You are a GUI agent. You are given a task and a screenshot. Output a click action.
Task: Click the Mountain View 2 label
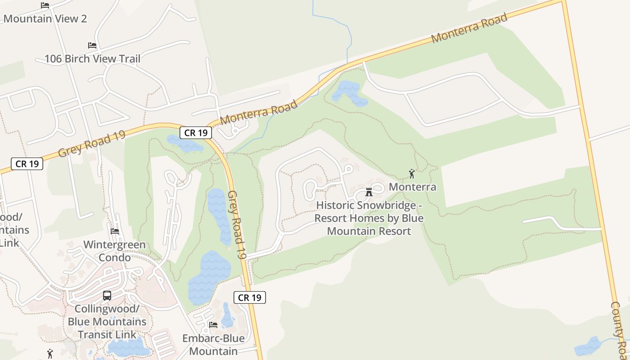45,19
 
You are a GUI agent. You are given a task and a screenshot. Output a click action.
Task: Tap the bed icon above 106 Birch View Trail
92,45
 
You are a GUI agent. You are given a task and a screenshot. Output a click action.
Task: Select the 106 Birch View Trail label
92,58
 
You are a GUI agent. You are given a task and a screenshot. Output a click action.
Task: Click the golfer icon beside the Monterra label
411,174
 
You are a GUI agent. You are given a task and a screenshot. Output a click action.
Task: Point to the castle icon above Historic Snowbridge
369,192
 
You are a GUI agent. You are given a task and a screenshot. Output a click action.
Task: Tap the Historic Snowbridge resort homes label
369,218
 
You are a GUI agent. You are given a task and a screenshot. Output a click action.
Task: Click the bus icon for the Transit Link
107,296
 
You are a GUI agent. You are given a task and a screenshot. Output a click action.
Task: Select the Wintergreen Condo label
115,251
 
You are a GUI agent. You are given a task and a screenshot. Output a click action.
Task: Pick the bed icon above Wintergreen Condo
115,231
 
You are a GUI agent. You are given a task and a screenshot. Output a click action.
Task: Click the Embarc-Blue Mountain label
213,345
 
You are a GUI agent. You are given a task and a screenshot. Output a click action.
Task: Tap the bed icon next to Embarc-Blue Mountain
213,324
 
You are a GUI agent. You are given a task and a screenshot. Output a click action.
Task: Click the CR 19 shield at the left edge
27,164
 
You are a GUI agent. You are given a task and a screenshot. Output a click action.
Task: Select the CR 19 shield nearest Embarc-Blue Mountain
250,297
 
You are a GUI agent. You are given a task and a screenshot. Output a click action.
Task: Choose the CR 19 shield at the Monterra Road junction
196,133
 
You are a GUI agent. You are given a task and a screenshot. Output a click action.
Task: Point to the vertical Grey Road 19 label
237,225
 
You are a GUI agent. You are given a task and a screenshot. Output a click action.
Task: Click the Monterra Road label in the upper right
469,28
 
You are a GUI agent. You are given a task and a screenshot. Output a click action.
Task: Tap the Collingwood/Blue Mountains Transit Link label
107,322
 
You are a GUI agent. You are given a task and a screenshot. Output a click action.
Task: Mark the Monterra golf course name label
412,187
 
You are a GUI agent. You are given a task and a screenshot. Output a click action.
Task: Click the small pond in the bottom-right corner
589,346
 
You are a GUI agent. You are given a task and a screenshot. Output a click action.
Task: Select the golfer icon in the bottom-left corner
50,354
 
